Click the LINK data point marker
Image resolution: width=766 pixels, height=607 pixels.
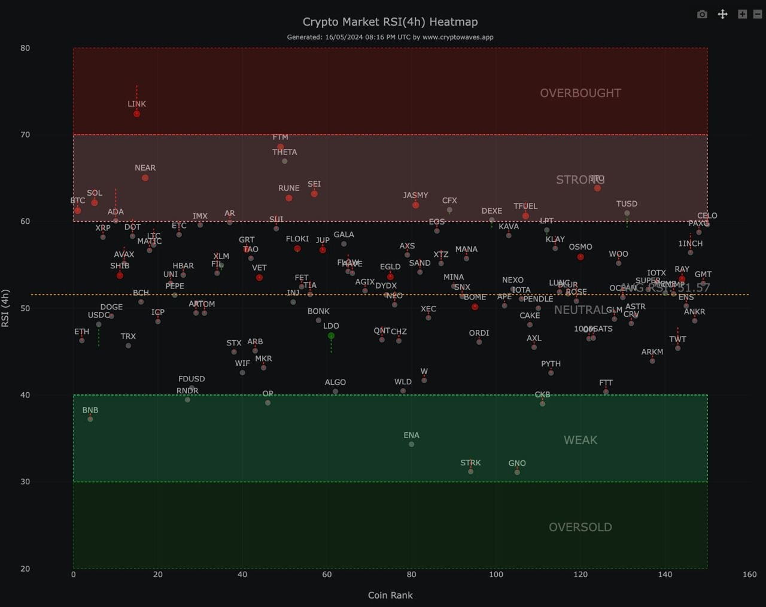[137, 114]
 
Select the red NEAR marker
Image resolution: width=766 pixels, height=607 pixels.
[145, 178]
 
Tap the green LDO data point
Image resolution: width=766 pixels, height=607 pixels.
[331, 336]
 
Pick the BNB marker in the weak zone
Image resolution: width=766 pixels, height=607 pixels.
[90, 419]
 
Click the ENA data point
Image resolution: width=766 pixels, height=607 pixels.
[412, 444]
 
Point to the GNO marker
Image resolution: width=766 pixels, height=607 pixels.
[517, 472]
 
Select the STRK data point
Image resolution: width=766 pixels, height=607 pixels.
[471, 472]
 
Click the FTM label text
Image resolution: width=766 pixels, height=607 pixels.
[280, 137]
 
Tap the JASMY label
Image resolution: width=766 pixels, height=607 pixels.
[415, 195]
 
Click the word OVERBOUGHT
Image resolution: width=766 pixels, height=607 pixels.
[580, 93]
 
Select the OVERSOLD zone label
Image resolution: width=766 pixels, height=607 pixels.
[580, 527]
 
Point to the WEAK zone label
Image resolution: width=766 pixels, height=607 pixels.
[580, 440]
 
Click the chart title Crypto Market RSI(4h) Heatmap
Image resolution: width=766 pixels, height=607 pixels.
[390, 22]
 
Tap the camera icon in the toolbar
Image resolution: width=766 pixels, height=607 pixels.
[703, 14]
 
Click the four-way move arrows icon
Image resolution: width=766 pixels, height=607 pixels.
[722, 14]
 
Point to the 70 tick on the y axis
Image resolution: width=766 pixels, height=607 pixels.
[25, 135]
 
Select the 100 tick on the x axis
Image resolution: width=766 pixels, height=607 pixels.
[496, 574]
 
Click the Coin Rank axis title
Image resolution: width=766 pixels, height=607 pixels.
[390, 595]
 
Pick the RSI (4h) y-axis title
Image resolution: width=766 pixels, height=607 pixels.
[5, 308]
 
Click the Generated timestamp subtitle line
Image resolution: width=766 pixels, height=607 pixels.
[390, 37]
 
